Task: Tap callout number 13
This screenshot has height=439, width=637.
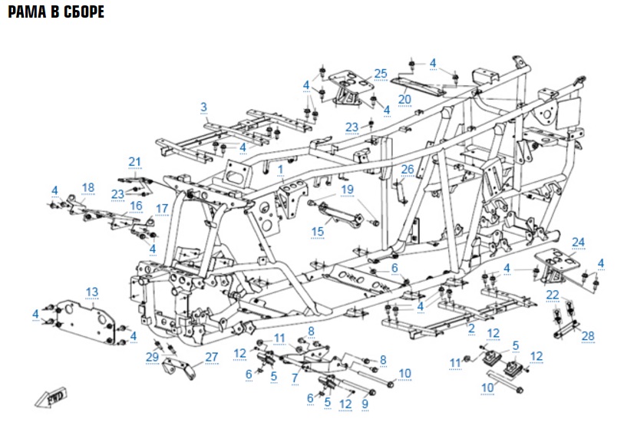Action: click(x=92, y=292)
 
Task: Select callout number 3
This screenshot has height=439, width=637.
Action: click(x=204, y=106)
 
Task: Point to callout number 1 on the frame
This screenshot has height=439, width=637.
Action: click(x=281, y=167)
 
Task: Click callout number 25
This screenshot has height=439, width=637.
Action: click(x=381, y=73)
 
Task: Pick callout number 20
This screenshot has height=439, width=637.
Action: click(x=404, y=99)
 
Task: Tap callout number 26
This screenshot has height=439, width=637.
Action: click(x=407, y=169)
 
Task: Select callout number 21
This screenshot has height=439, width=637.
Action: click(x=135, y=161)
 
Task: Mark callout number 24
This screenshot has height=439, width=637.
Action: click(x=578, y=242)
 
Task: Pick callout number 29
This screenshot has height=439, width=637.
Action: click(x=151, y=357)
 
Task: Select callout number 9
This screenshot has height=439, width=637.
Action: click(x=365, y=403)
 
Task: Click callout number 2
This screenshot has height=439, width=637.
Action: click(x=471, y=328)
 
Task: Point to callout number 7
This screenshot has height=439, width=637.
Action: click(x=294, y=378)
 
